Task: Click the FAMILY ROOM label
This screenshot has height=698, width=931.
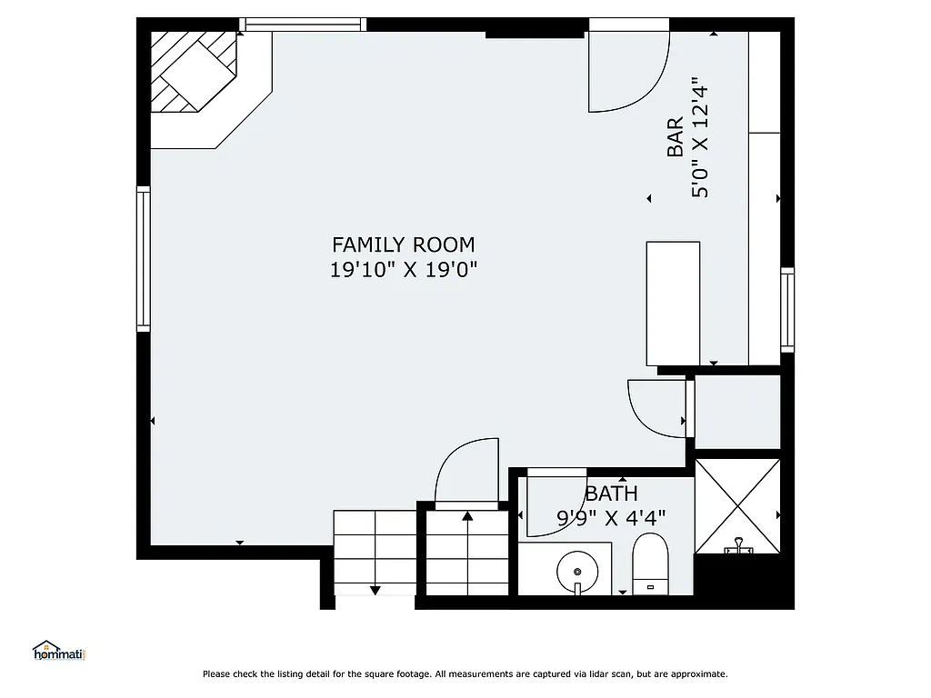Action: pos(403,244)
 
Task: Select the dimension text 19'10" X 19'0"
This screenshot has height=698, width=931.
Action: pos(403,270)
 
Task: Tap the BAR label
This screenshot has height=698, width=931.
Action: pos(675,138)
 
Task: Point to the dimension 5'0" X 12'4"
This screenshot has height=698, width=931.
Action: pos(699,138)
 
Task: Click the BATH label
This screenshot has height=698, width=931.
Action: pos(611,494)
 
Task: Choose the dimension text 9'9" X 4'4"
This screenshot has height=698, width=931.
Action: pos(611,518)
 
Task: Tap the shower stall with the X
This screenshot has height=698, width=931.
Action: pos(737,505)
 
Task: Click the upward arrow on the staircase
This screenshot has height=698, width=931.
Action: pos(467,517)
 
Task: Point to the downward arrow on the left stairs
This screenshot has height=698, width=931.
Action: pos(375,590)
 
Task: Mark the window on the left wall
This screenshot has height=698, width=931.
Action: pos(143,257)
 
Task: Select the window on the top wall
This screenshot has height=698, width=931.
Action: pos(303,25)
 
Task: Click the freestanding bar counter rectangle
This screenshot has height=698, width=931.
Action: pos(673,303)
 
